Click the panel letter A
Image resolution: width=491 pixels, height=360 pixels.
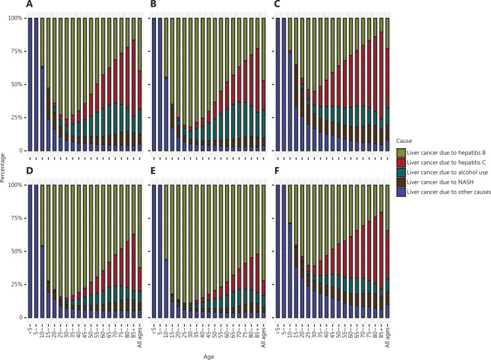29,4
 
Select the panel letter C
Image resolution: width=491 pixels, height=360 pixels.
277,4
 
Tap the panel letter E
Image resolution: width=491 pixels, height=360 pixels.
153,170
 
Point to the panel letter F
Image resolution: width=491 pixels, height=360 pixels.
277,170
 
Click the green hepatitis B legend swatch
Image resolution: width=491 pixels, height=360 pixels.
401,153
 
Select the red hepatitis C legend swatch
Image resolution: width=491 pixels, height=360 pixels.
401,163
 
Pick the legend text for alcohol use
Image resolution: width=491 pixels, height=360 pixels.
447,172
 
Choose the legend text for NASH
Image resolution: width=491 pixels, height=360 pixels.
440,182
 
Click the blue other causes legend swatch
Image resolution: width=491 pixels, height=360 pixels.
401,192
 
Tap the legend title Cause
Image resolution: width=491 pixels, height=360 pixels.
404,141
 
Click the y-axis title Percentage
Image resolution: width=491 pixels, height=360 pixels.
3,168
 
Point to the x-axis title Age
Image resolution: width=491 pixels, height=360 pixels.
209,357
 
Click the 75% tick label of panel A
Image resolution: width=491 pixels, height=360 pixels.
16,51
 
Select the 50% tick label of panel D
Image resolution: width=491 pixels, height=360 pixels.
16,251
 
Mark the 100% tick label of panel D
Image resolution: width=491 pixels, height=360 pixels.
15,185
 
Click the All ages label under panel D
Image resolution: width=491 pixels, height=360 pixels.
140,337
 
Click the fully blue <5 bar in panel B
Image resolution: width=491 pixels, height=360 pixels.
154,84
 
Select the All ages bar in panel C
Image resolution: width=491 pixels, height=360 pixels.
388,84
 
